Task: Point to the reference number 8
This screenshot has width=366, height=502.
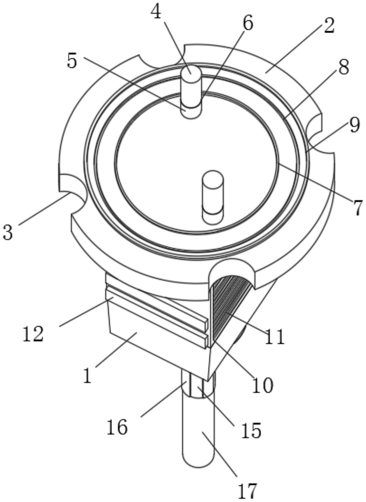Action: coord(344,67)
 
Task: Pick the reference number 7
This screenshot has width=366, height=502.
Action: coord(357,208)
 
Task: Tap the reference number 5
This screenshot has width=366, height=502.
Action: coord(72,60)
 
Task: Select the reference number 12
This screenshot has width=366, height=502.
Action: coord(33,334)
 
